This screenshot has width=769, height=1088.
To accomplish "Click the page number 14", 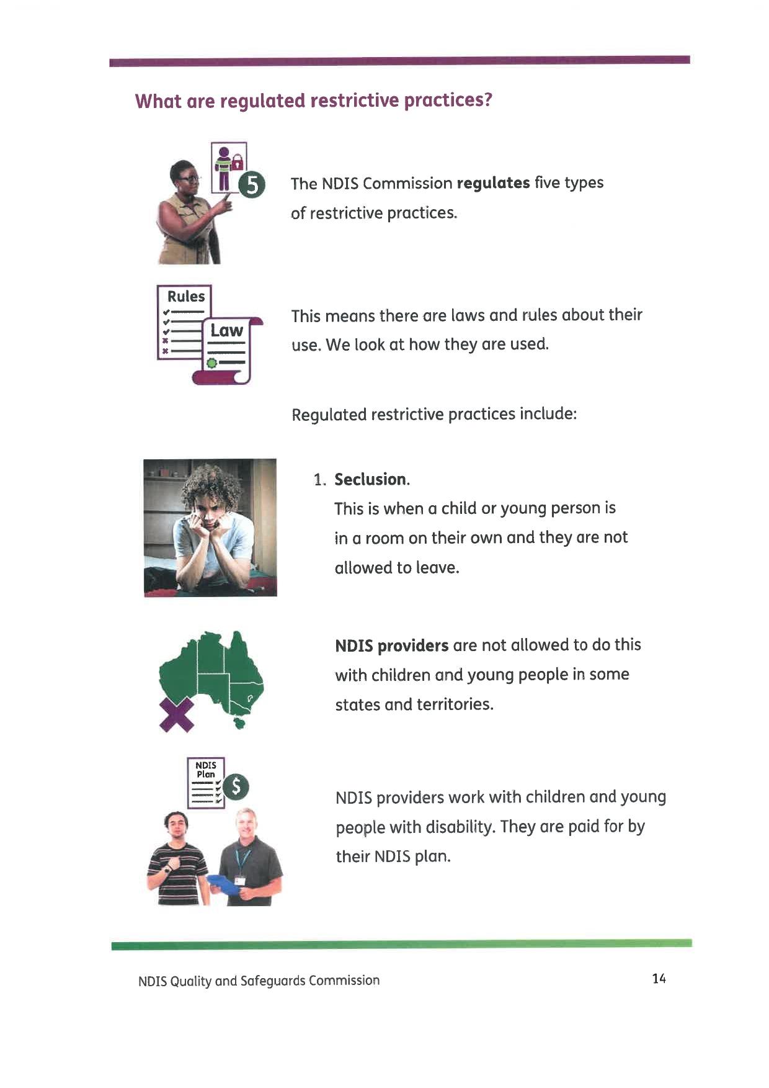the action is tap(659, 979).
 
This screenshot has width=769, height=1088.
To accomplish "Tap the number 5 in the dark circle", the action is tap(252, 185).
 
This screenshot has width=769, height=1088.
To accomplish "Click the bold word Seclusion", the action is tap(371, 479).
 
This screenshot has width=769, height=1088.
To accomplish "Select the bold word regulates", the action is tap(493, 183).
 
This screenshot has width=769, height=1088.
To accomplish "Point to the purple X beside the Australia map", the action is tap(177, 714).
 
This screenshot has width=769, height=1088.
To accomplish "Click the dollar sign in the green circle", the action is tap(236, 787).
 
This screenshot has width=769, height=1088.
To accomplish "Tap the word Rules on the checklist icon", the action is tap(186, 297).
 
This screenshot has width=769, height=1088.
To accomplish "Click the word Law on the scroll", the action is tap(226, 330).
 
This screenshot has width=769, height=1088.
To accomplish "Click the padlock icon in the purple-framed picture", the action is tap(236, 163).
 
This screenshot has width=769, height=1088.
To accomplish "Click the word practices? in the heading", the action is tap(448, 101).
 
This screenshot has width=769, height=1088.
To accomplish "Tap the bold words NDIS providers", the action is tap(391, 645).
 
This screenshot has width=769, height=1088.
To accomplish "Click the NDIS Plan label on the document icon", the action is tap(206, 770).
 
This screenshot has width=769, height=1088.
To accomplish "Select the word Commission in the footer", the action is tap(344, 981).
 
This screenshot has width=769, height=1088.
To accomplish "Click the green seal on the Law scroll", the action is tap(212, 363).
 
